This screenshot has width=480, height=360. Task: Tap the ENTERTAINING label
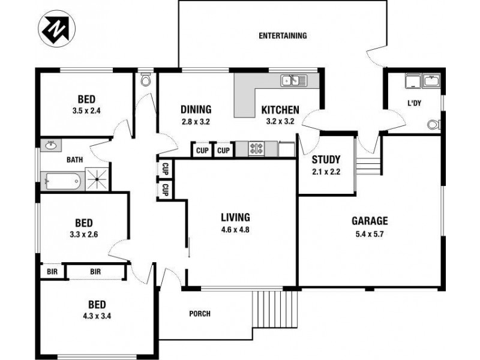tap(283, 35)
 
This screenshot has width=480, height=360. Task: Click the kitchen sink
tap(294, 80)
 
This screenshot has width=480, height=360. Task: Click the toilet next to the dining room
tap(146, 80)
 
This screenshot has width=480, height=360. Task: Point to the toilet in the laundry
tap(434, 125)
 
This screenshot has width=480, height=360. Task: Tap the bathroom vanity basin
tap(51, 145)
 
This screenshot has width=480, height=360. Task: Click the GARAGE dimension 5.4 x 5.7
tap(370, 234)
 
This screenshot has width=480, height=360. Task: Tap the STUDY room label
tap(326, 160)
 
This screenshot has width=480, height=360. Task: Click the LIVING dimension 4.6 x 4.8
tap(235, 229)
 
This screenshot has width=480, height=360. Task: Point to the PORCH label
tap(200, 314)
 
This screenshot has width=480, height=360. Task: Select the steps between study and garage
tap(368, 163)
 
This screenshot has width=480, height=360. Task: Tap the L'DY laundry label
tap(415, 103)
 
